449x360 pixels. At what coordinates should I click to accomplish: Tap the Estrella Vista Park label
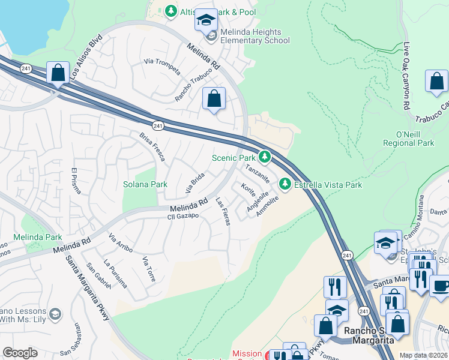pyautogui.click(x=328, y=185)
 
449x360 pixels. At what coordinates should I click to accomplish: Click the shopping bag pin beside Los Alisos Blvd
pyautogui.click(x=58, y=74)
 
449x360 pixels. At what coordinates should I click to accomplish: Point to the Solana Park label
pyautogui.click(x=145, y=184)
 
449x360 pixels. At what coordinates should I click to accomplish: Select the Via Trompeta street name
pyautogui.click(x=162, y=66)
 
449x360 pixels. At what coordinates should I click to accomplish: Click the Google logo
pyautogui.click(x=20, y=352)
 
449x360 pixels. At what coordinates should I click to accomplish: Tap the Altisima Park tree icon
pyautogui.click(x=171, y=11)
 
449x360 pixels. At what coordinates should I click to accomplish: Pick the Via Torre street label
pyautogui.click(x=149, y=269)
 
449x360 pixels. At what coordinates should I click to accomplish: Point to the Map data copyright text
pyautogui.click(x=423, y=355)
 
